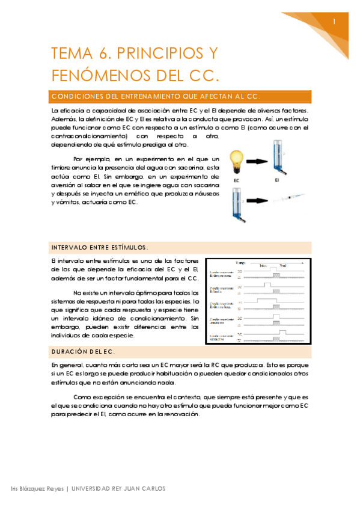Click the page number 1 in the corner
click(x=334, y=22)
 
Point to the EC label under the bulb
click(x=237, y=179)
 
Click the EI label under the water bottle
click(x=278, y=179)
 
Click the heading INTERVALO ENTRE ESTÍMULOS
click(x=99, y=247)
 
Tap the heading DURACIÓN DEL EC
click(x=83, y=351)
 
